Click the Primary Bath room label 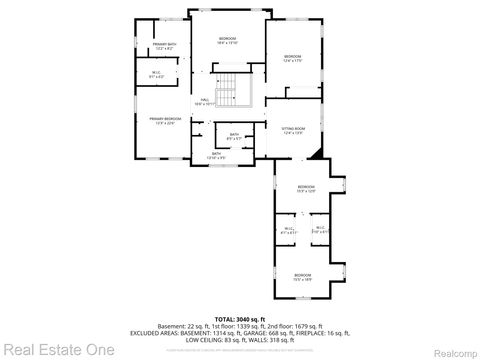(163, 47)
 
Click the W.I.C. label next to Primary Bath (157, 73)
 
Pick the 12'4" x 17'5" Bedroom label (292, 58)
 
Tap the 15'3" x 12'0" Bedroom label (305, 188)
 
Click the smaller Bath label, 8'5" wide (233, 137)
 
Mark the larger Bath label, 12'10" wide (217, 154)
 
